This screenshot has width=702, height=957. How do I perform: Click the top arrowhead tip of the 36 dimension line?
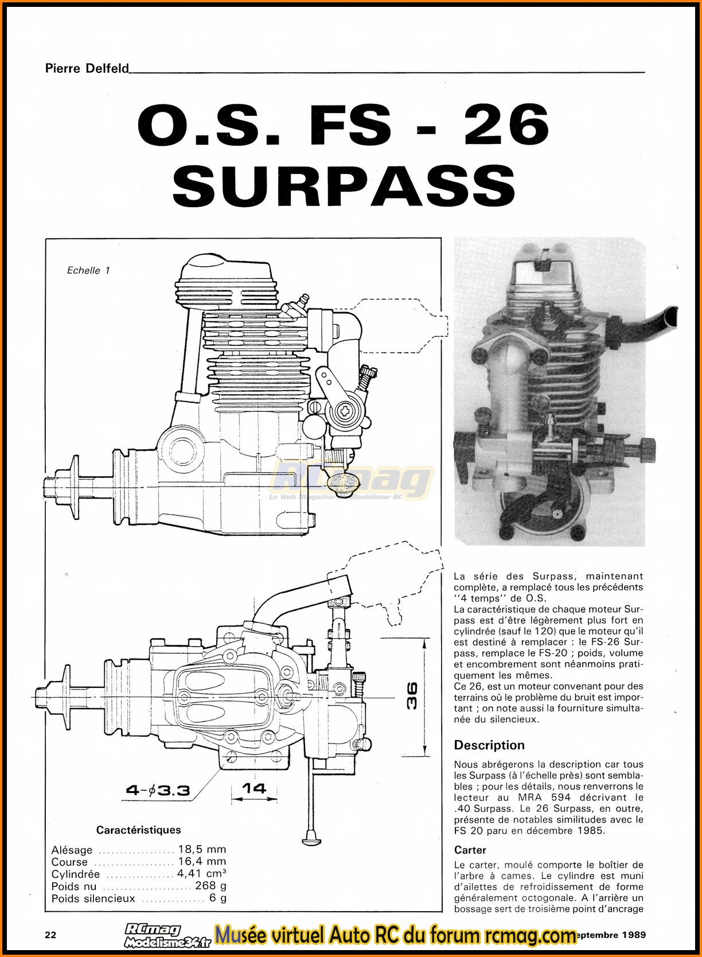tap(424, 638)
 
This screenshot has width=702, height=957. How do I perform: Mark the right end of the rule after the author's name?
tap(645, 72)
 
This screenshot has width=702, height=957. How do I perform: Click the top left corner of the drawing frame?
tap(46, 239)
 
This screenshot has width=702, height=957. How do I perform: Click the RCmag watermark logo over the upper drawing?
tap(351, 481)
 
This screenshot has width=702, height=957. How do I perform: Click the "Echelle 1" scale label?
tap(88, 270)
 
